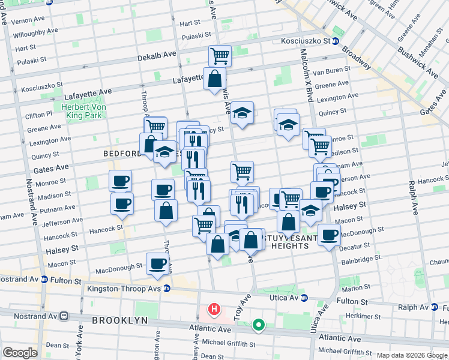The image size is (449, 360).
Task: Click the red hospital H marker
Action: coord(213,310)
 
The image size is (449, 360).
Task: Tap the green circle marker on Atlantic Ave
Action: coord(259,325)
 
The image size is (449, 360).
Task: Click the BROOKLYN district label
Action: coord(120,320)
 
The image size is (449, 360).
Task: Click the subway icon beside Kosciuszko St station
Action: coord(336,41)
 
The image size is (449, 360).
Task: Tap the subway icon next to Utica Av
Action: coord(304,298)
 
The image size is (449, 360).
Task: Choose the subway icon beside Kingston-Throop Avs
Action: coord(167,289)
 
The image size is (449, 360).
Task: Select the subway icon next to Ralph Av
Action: coord(434,307)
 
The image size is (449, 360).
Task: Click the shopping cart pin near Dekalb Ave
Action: coord(220,56)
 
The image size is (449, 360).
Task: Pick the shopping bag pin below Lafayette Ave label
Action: coord(214,79)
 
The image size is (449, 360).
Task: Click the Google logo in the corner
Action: coord(20,353)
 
